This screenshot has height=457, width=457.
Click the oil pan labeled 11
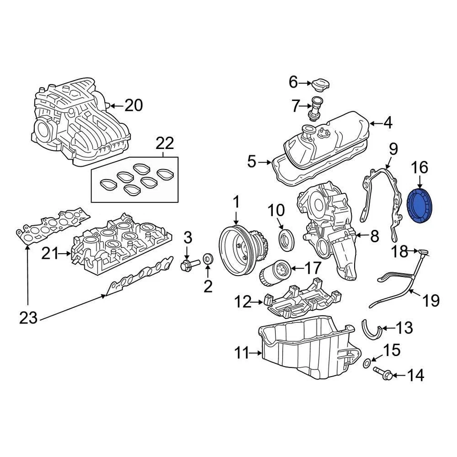click(305, 350)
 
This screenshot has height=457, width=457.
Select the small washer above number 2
click(208, 258)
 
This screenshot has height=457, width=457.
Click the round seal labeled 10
click(287, 239)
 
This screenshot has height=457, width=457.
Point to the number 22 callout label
click(164, 143)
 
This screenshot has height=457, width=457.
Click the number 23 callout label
click(28, 317)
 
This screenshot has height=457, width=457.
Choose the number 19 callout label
click(431, 301)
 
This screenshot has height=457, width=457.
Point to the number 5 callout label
click(252, 163)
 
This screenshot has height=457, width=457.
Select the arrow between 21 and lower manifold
click(65, 255)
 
